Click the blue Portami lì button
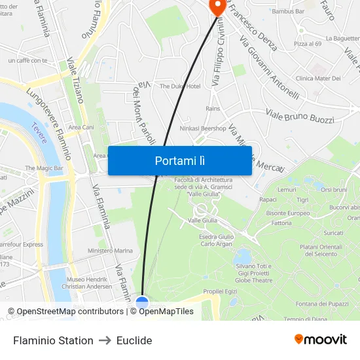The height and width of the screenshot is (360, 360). [179, 160]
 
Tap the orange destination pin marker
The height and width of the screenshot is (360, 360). [216, 6]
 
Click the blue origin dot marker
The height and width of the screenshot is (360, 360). [142, 303]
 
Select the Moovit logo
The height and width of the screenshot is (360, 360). [321, 340]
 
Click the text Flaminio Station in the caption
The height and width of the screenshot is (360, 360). [53, 340]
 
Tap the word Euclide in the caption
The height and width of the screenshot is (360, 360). [134, 340]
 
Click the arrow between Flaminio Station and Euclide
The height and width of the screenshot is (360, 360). [105, 340]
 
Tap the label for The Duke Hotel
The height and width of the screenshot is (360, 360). [180, 86]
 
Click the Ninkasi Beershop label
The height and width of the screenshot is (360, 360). [204, 128]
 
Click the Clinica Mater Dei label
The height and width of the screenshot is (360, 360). [318, 79]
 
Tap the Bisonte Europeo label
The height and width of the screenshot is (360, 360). [288, 213]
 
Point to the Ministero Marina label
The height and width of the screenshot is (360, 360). [110, 251]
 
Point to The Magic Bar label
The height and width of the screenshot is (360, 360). [44, 168]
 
